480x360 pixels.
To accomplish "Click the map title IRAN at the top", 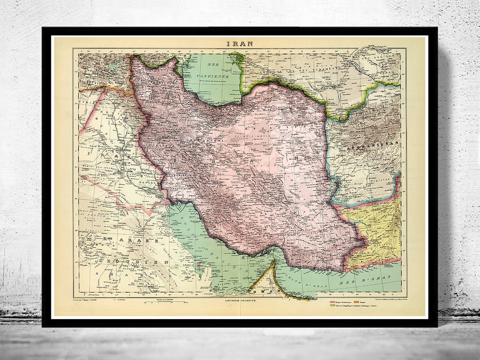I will click(x=240, y=43).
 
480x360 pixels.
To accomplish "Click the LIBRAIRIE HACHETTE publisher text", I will click(x=240, y=301).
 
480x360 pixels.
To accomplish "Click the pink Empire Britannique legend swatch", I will click(x=331, y=301).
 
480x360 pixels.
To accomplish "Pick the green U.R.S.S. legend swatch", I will click(x=331, y=306).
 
